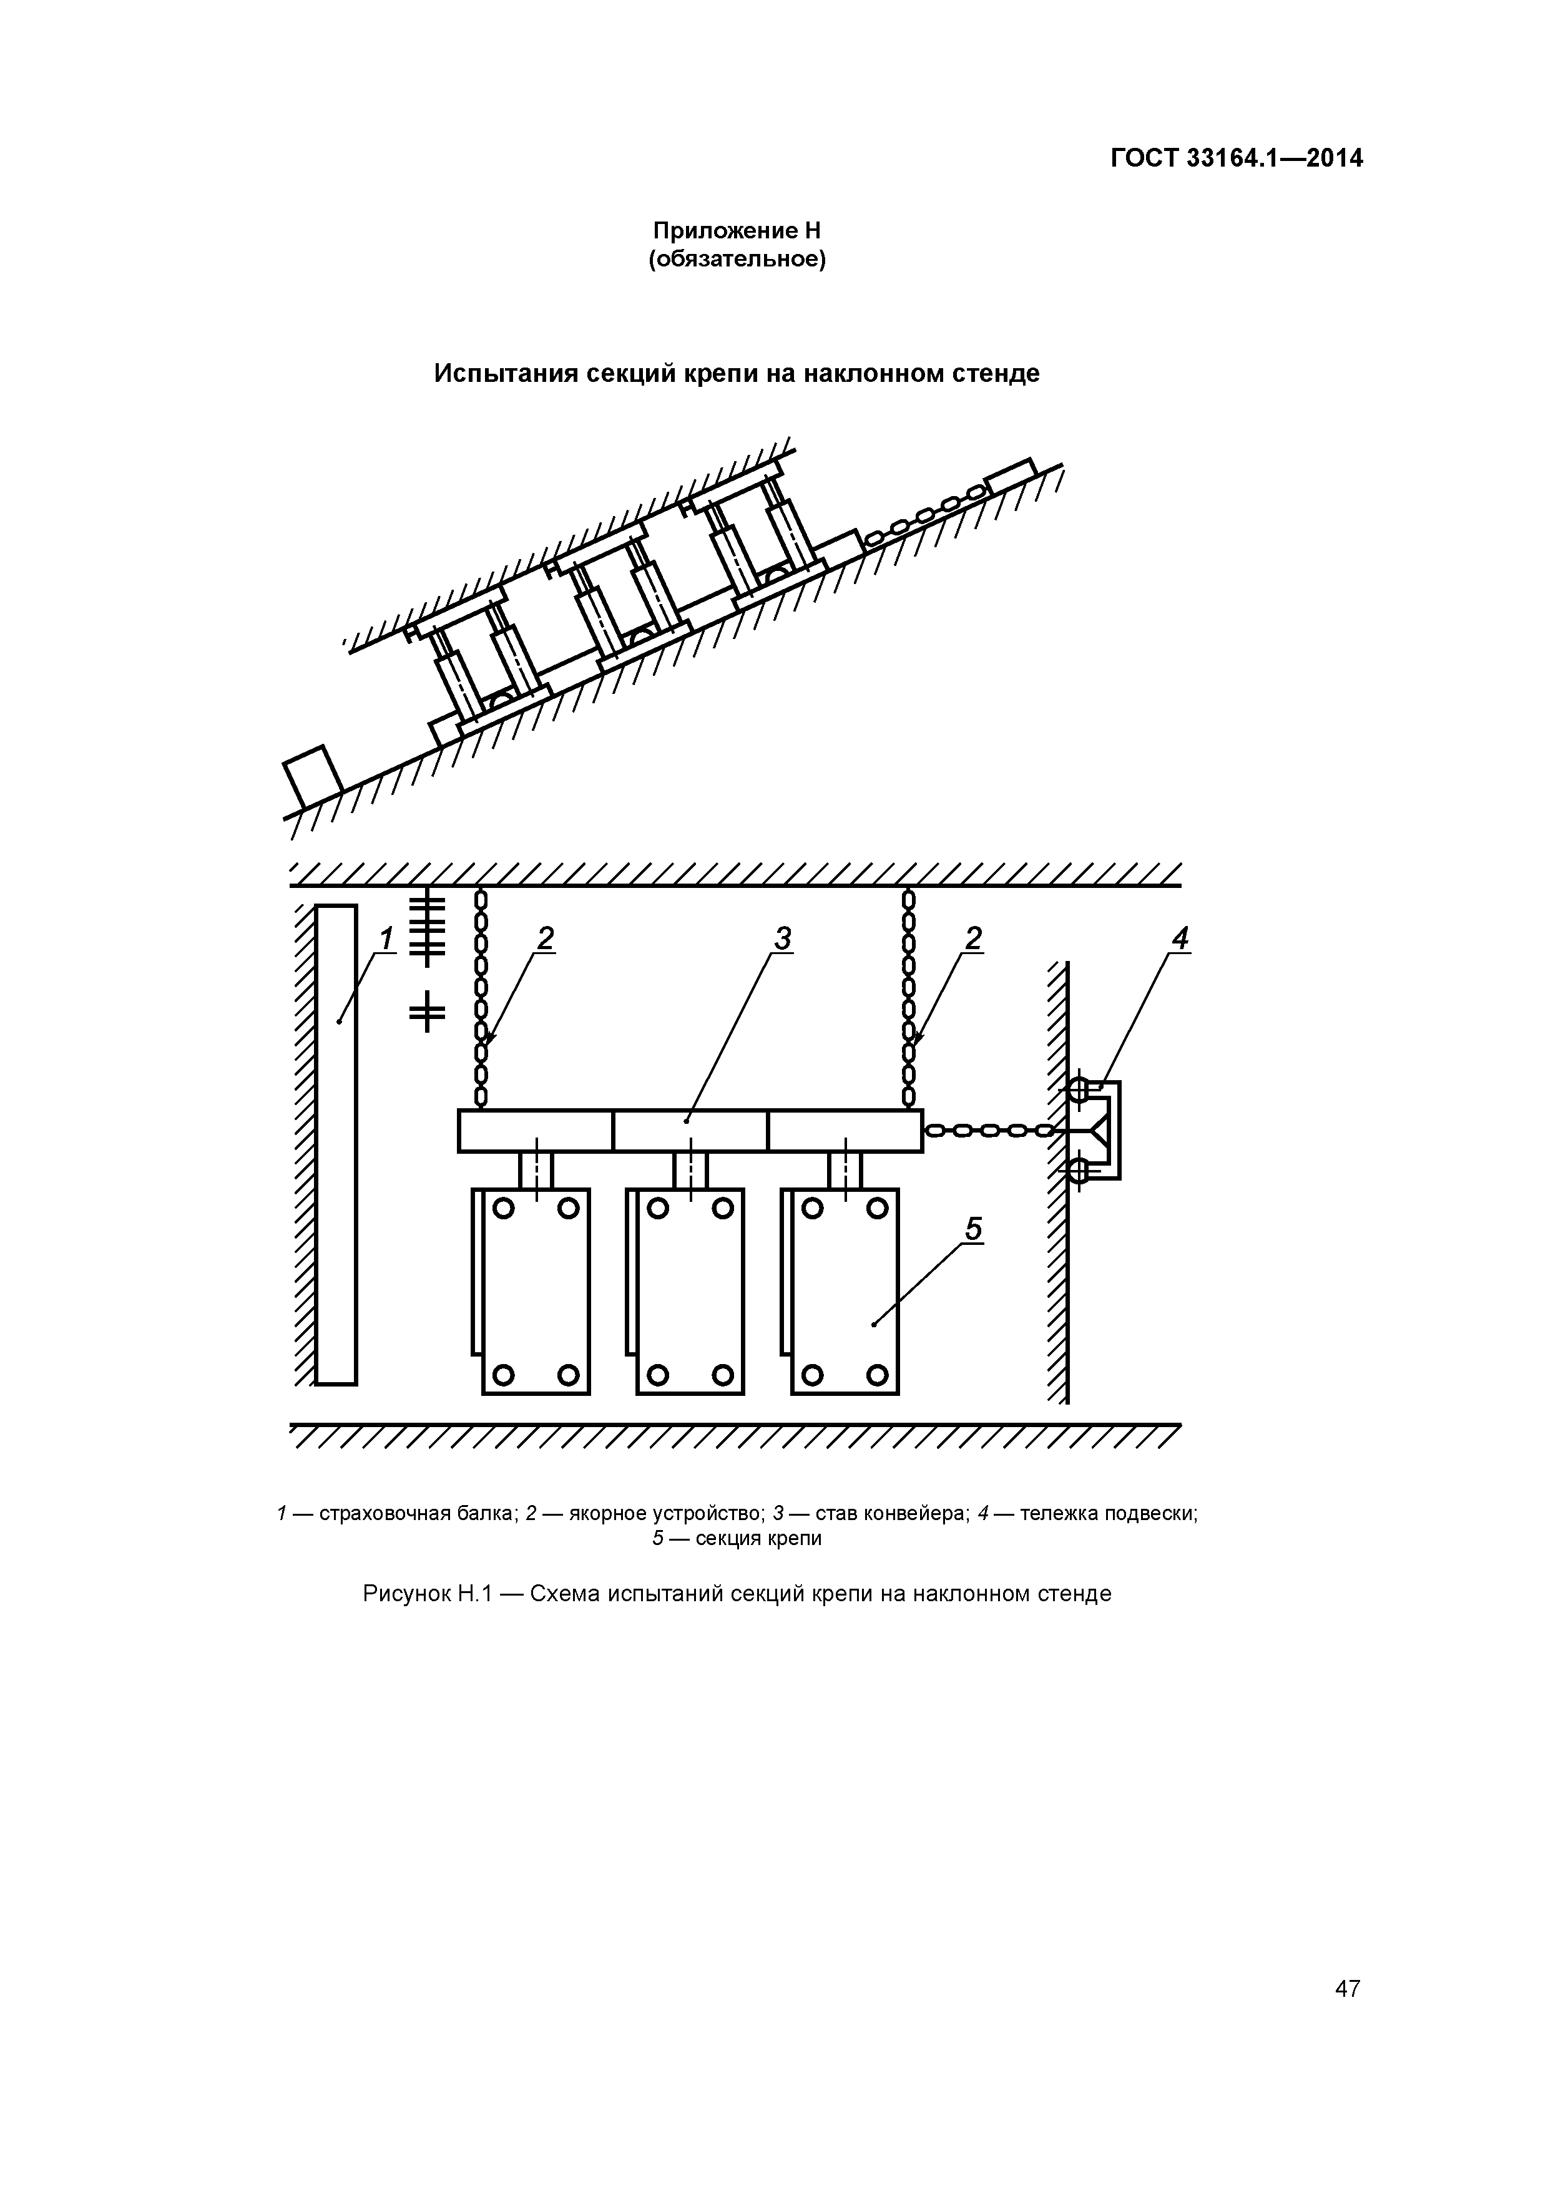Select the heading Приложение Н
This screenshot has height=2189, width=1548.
[737, 231]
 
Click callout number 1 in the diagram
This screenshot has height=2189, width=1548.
[385, 939]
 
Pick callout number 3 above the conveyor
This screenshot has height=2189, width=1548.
[782, 939]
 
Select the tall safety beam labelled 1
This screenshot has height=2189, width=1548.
[336, 1144]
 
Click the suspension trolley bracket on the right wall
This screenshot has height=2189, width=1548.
[1107, 1131]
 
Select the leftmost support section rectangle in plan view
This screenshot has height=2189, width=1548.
[535, 1292]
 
